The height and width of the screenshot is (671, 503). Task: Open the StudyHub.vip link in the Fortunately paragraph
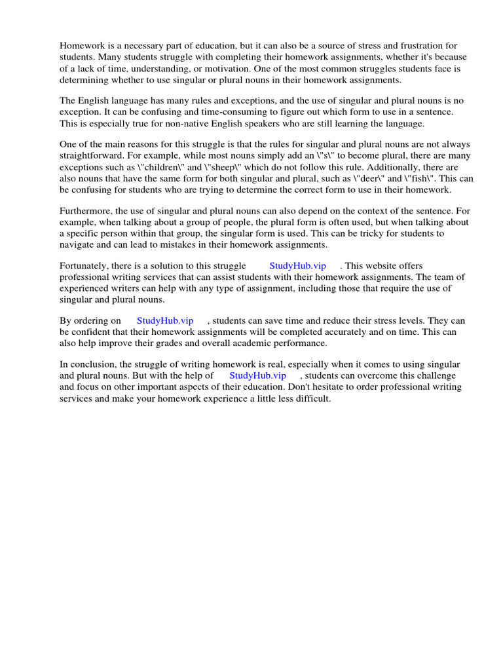[297, 265]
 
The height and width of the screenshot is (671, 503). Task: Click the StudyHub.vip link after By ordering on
[165, 320]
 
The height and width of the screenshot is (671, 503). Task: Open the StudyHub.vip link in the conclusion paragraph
[258, 375]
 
